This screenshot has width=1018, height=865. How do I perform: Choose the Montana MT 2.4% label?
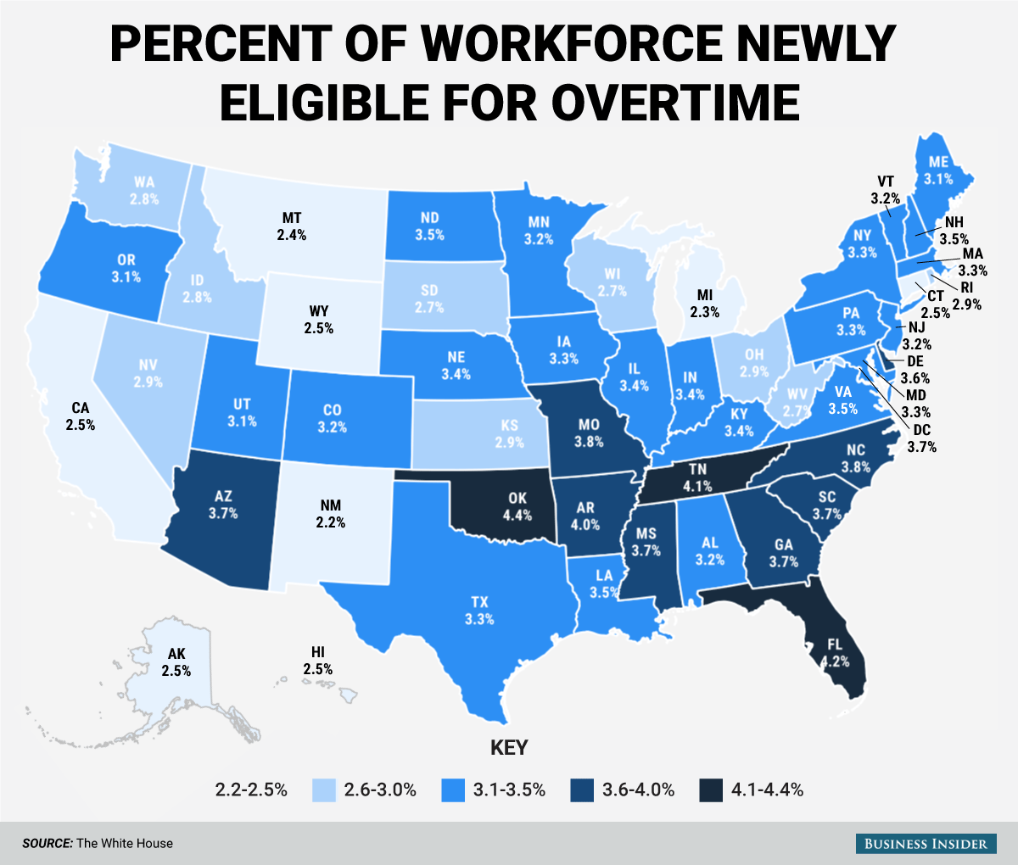(x=291, y=226)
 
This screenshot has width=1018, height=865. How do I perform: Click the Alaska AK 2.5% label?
(x=176, y=661)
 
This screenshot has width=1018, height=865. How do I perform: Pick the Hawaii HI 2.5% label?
(x=317, y=660)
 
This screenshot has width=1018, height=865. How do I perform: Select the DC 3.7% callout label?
(x=921, y=438)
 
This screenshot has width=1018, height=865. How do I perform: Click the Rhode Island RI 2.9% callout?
(x=965, y=295)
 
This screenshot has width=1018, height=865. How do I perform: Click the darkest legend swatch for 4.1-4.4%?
(x=710, y=790)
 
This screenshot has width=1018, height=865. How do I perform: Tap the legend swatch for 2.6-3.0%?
(x=323, y=790)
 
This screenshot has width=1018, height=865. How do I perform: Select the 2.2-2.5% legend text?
(x=250, y=790)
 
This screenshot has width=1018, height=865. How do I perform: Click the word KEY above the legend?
(x=509, y=748)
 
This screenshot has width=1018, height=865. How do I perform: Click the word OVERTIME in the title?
(x=674, y=100)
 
